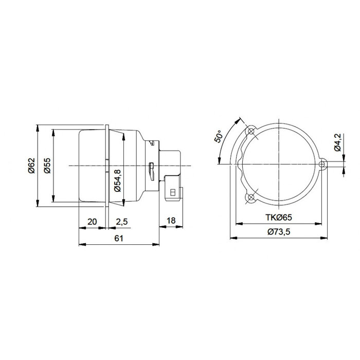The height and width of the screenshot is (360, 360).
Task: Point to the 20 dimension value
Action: pos(93,221)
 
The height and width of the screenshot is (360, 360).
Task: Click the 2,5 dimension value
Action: pos(122,221)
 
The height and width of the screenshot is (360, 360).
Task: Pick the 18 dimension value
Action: pos(172,221)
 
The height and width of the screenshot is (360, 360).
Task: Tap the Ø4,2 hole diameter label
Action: pos(337,142)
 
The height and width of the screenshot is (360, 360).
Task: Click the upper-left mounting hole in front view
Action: pos(251,132)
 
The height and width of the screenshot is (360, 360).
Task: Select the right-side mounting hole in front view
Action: pos(322,165)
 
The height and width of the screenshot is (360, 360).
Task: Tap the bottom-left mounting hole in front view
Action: pos(251,197)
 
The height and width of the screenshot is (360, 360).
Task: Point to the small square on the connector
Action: pos(172,192)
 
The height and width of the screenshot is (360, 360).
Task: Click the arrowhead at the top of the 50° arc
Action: pos(239,120)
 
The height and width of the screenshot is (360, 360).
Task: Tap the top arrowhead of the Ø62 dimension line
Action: pos(39,127)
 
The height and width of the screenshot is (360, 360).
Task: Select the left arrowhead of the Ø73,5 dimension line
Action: pos(232,238)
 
